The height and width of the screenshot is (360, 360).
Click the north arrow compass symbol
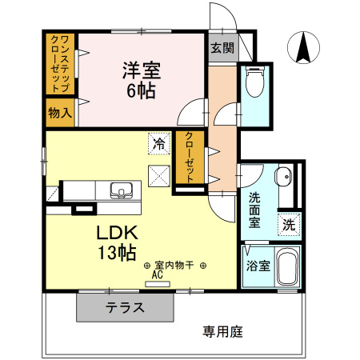(303, 48)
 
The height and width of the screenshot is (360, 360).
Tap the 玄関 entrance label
(222, 47)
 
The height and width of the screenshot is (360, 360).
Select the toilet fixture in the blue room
(254, 82)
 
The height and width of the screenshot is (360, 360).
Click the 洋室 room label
(142, 70)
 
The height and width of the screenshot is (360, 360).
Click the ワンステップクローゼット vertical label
(60, 62)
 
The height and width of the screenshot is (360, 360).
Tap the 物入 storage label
(60, 113)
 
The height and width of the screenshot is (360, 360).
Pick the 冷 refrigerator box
(158, 145)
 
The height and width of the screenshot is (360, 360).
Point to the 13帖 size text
(117, 254)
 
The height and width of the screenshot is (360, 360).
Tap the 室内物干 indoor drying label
(175, 265)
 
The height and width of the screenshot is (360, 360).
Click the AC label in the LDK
(158, 274)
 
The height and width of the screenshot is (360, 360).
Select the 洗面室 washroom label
(254, 210)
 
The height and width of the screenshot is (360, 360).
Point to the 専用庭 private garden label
(222, 329)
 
